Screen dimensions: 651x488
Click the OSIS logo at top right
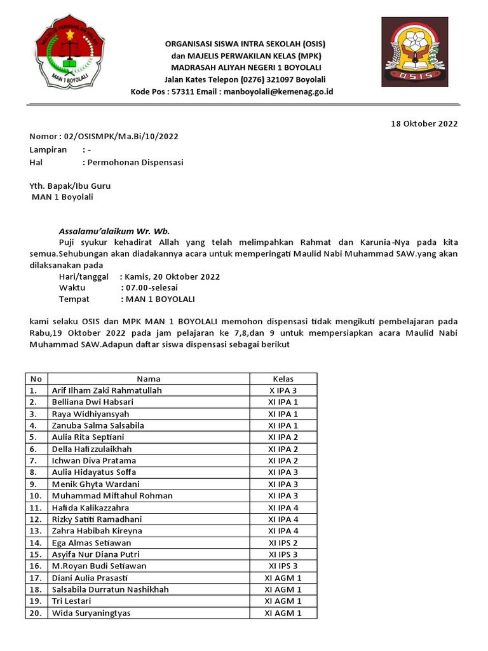(x=418, y=52)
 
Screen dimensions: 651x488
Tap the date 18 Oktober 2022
(x=424, y=124)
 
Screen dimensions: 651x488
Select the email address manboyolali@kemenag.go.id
(x=276, y=92)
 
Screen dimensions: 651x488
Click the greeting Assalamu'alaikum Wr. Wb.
(x=114, y=231)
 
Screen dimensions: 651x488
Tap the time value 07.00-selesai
(x=153, y=287)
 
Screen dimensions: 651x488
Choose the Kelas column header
(x=283, y=379)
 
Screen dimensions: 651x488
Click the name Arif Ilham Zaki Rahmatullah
(x=107, y=390)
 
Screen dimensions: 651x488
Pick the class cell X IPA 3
(x=283, y=390)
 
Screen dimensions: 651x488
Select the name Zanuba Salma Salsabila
(x=98, y=425)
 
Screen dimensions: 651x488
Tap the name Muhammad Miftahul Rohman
(x=112, y=495)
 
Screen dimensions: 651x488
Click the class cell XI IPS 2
(x=283, y=542)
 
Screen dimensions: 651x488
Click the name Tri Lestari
(x=71, y=601)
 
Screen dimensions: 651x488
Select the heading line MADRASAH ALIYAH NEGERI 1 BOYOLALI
(x=245, y=67)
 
